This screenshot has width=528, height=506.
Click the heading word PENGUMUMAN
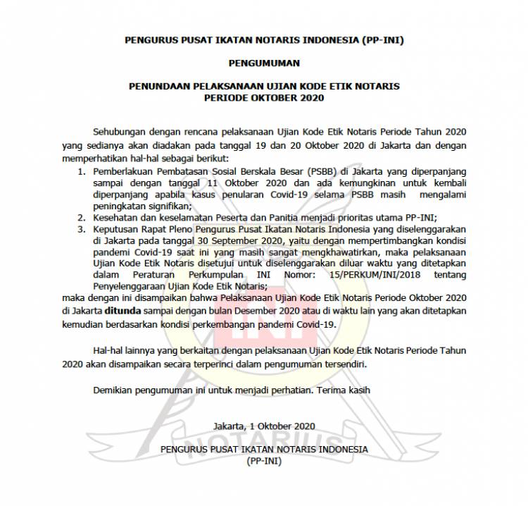tap(264, 63)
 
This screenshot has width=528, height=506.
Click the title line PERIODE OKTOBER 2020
tap(264, 97)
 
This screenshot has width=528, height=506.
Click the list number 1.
tap(81, 171)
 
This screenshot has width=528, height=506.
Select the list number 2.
tap(81, 218)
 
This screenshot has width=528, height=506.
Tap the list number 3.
tap(81, 229)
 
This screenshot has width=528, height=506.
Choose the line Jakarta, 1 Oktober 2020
tap(264, 426)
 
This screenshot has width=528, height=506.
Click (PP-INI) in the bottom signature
tap(264, 460)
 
